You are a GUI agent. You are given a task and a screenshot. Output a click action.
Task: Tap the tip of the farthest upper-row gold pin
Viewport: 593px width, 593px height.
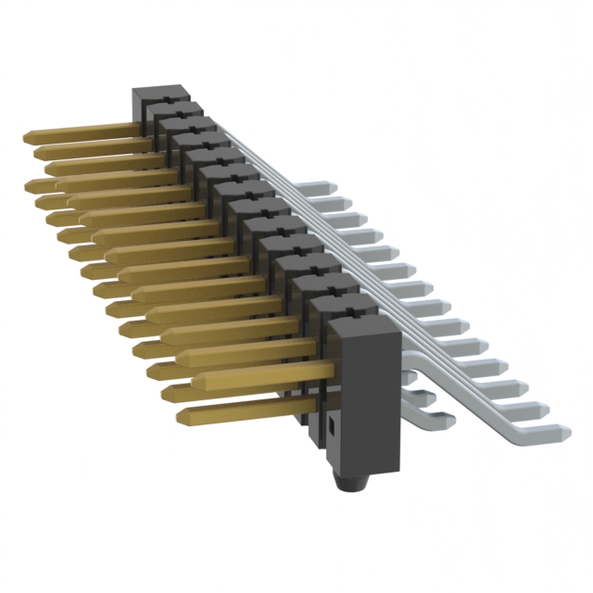coord(28,138)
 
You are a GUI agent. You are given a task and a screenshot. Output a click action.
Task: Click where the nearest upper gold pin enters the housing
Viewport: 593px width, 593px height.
coord(326,370)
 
